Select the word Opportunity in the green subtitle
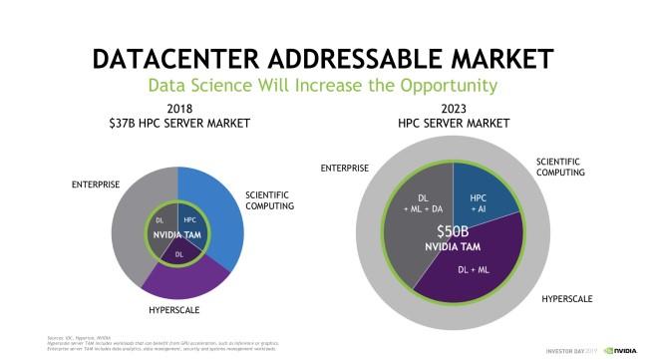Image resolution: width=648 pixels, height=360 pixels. [441, 85]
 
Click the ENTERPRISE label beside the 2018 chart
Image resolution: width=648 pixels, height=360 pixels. [96, 183]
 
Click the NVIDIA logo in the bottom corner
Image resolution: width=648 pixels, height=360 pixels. [623, 350]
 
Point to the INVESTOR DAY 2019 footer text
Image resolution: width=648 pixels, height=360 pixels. [573, 350]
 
